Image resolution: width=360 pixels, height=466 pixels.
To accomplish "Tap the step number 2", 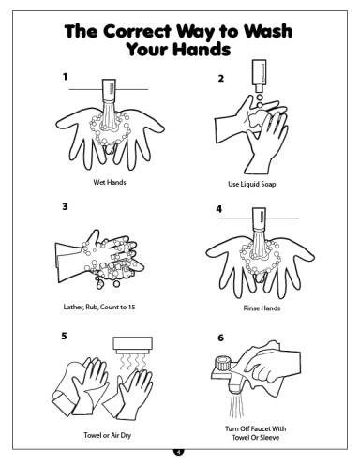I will coord(221,79).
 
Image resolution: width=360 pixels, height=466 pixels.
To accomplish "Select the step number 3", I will coord(65,206).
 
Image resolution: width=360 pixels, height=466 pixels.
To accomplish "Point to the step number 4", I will coord(219,209).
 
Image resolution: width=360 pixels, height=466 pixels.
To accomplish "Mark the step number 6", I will coord(220,337).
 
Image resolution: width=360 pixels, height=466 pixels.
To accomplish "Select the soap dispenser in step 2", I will coord(259,76).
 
